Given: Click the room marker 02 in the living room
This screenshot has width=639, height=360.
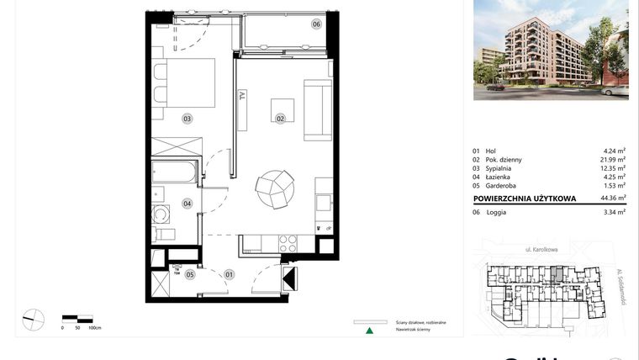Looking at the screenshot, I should tap(279, 119).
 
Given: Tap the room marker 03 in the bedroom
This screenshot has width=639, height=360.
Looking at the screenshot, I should tap(187, 119).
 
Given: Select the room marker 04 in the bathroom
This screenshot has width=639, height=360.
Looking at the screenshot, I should tap(187, 203).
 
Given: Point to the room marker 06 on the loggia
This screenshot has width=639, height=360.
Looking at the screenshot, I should tap(316, 24).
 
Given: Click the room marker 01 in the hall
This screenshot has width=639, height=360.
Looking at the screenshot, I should tap(229, 273).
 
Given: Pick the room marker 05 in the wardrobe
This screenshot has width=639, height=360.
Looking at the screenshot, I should tap(190, 273).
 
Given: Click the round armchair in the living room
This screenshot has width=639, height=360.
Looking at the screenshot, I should tap(276, 188).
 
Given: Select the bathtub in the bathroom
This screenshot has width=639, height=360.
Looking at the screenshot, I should tap(175, 174).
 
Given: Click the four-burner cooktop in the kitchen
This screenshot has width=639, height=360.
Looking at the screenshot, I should tap(288, 244).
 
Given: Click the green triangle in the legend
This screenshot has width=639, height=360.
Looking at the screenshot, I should tap(368, 331).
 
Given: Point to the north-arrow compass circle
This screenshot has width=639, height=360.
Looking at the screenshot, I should tap(33, 320).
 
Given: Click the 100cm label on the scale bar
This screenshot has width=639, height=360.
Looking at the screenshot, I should tap(95, 327).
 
